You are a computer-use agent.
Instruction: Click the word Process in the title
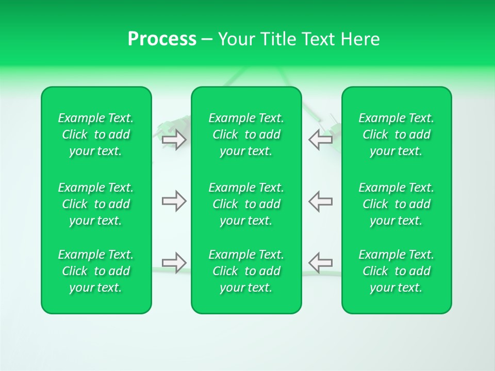click(162, 39)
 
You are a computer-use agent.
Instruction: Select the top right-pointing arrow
click(174, 140)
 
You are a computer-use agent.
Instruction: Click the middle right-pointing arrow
click(174, 201)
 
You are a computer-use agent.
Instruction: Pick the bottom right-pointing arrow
click(174, 262)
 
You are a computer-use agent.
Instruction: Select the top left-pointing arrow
click(320, 140)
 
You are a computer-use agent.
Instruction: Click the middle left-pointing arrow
click(320, 201)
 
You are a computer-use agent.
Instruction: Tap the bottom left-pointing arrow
click(320, 262)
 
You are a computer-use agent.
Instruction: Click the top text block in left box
click(96, 134)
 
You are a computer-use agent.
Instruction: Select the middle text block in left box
click(96, 204)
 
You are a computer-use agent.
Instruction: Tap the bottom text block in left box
click(96, 271)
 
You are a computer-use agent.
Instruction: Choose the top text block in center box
click(246, 134)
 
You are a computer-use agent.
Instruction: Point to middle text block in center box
click(246, 204)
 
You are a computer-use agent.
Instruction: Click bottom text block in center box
click(246, 271)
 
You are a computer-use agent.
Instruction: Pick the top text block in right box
click(397, 134)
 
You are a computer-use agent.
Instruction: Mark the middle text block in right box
click(397, 204)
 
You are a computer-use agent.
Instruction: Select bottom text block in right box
click(397, 271)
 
